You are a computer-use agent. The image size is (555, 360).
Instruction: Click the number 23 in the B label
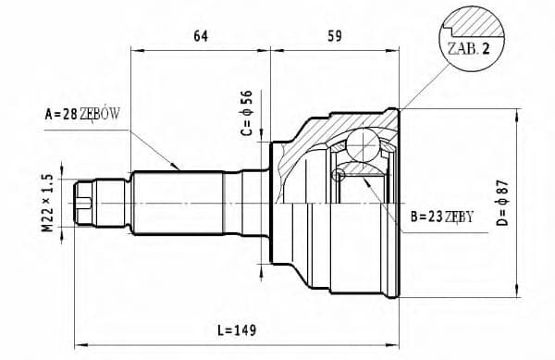click(433, 217)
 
